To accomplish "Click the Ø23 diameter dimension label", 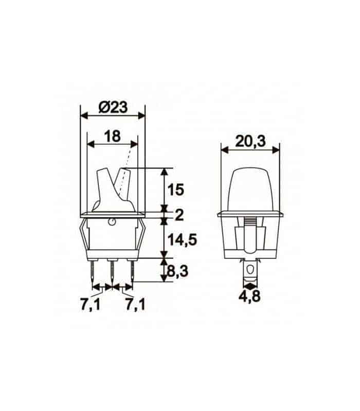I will pyautogui.click(x=113, y=108).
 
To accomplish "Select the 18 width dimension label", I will pyautogui.click(x=112, y=136).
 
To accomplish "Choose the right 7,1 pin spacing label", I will pyautogui.click(x=135, y=304).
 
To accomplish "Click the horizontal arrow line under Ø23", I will pyautogui.click(x=113, y=117).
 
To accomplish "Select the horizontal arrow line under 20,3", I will pyautogui.click(x=250, y=150).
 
